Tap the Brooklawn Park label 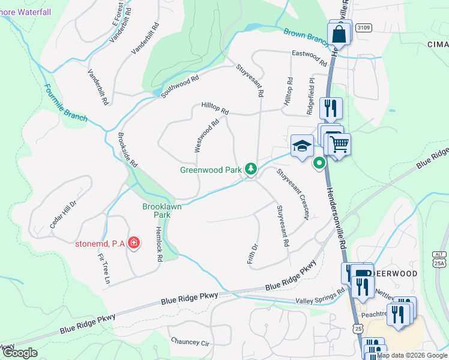pos(161,210)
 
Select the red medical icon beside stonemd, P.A pos(134,243)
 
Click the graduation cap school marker pos(302,146)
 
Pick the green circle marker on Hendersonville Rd pos(320,163)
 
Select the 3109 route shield pos(363,28)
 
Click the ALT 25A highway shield pos(440,259)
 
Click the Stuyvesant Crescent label pos(292,194)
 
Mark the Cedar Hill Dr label pos(64,214)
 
